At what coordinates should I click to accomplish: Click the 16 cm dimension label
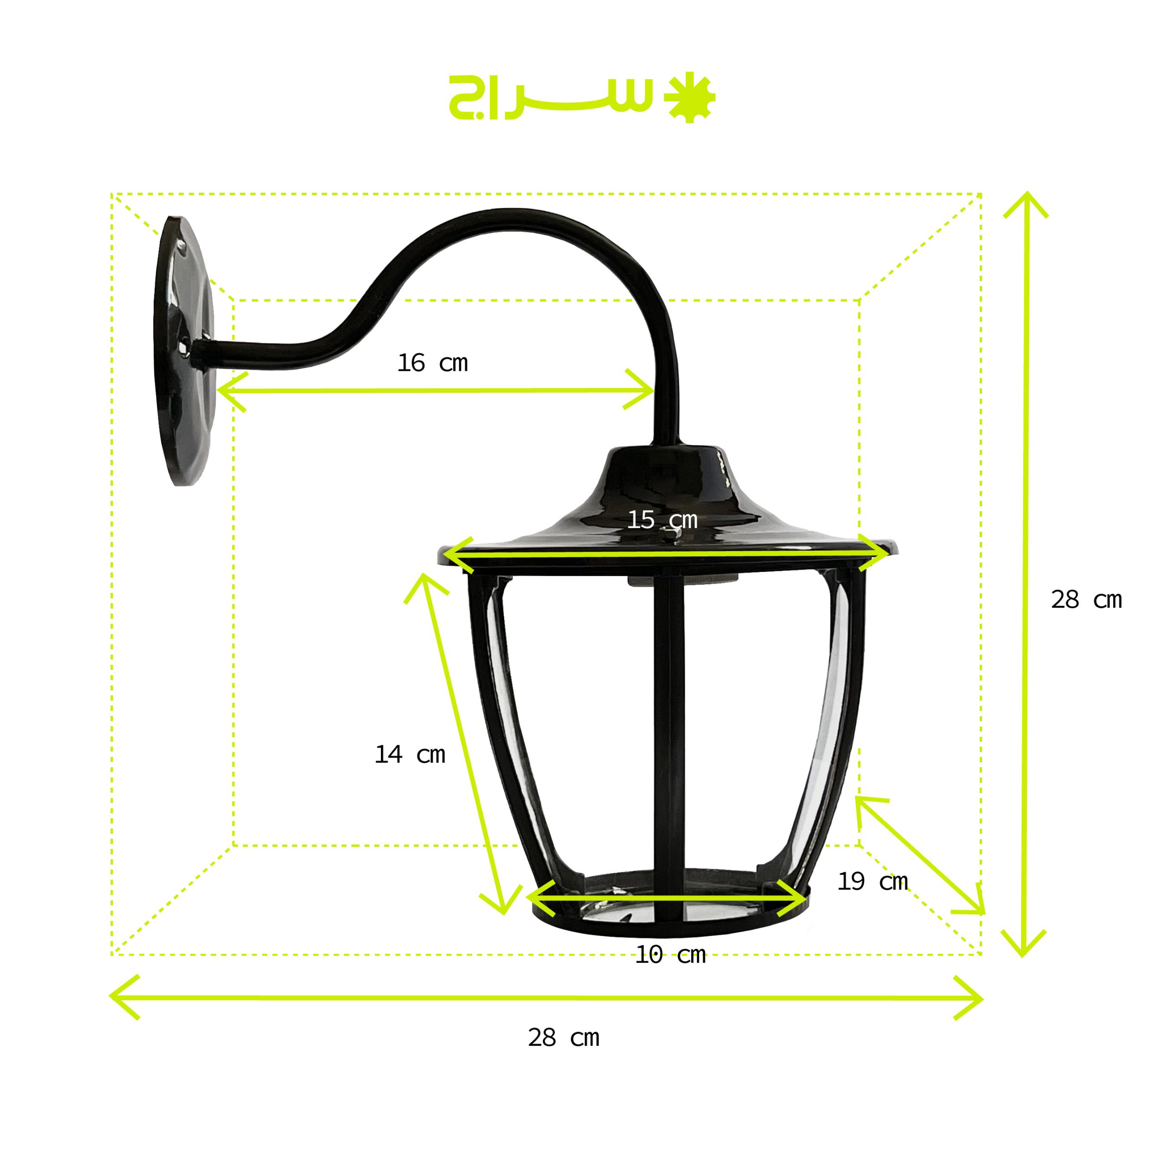432,363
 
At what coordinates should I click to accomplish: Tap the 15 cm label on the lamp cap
662,520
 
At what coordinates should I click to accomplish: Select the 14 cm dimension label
410,755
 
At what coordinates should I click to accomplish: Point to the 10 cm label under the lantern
670,955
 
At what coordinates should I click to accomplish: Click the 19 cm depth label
872,881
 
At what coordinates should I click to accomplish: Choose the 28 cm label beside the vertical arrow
1087,599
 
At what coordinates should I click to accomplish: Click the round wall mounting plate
184,351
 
